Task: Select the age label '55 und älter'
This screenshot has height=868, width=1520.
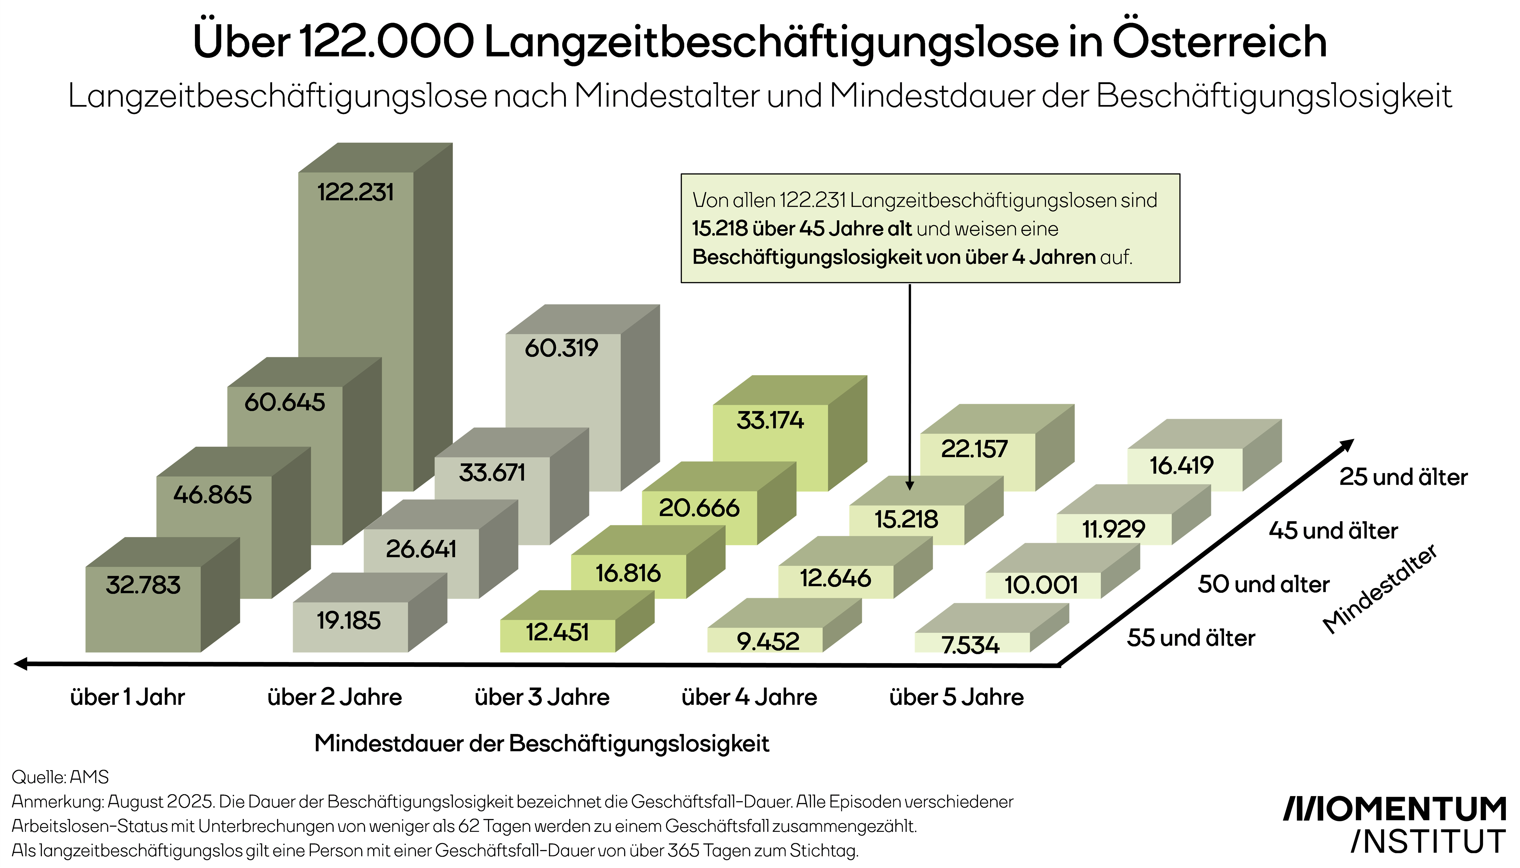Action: click(x=1191, y=638)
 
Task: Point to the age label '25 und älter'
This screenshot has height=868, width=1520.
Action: click(x=1403, y=477)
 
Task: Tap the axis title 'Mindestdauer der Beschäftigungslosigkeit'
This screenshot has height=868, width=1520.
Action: click(x=542, y=744)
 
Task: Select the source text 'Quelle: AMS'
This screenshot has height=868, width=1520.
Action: click(x=60, y=777)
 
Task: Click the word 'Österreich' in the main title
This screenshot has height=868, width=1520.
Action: click(x=1220, y=42)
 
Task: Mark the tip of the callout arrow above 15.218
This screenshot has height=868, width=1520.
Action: click(x=910, y=489)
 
